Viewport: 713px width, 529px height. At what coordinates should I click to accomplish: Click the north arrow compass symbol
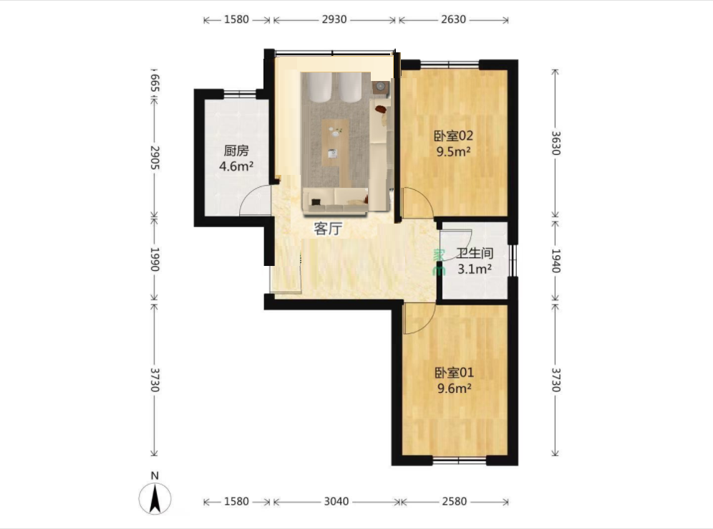point(155,498)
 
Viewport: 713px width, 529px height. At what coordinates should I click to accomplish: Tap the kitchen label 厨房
point(236,151)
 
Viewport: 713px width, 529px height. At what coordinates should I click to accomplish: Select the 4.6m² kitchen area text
point(236,166)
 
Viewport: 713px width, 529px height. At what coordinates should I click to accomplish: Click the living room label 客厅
point(327,229)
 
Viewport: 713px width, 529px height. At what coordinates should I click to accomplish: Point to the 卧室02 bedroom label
point(453,135)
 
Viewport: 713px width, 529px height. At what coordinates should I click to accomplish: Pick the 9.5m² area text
point(453,151)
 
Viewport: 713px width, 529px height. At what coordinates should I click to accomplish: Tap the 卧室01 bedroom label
point(455,373)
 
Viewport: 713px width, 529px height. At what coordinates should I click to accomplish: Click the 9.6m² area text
point(455,389)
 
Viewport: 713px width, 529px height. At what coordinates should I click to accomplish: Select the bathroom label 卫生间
point(475,253)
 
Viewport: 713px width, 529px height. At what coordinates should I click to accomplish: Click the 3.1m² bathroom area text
point(475,269)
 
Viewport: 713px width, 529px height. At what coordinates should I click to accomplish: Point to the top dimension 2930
point(334,19)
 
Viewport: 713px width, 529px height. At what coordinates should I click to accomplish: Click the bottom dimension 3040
point(336,501)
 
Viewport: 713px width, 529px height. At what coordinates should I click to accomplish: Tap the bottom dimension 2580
point(455,501)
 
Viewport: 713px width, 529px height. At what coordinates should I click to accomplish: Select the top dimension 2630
point(453,19)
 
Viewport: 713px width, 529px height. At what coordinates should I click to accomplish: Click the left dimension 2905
point(155,158)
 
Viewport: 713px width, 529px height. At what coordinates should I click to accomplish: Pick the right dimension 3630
point(556,143)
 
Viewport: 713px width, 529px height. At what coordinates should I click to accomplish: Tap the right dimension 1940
point(556,260)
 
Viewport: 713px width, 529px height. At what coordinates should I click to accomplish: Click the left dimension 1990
point(155,259)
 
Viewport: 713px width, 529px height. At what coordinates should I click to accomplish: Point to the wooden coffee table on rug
point(335,143)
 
